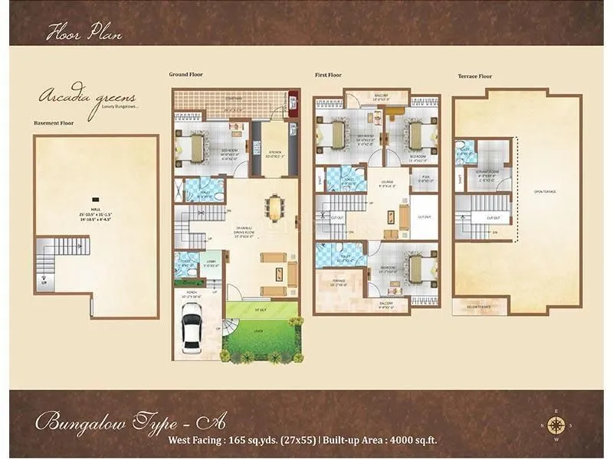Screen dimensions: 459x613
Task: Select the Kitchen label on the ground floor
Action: pos(270,151)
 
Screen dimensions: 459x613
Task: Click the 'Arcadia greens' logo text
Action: pos(88,98)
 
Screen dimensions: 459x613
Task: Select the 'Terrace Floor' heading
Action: pos(475,76)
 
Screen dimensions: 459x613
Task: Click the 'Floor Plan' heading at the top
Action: pos(84,32)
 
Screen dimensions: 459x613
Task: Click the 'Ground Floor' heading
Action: pos(186,74)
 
